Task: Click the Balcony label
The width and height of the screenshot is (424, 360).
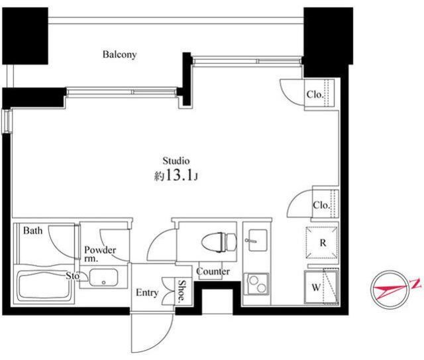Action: [119, 54]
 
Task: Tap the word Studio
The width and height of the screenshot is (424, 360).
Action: [176, 161]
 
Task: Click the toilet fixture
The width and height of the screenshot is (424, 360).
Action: [219, 242]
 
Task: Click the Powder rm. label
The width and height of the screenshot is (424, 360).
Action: [100, 254]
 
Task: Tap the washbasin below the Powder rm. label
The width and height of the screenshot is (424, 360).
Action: [103, 277]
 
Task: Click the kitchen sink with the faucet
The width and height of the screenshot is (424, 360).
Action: [258, 240]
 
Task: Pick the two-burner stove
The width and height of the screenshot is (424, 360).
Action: [256, 284]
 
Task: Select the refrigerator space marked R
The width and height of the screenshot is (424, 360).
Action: [322, 243]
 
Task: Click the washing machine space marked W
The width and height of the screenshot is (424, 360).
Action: [321, 286]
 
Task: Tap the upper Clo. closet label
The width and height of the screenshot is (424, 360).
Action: [315, 94]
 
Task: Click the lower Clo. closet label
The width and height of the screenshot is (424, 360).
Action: [321, 205]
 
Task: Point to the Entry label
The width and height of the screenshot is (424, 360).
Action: [147, 292]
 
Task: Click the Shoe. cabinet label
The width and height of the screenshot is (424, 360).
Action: [182, 290]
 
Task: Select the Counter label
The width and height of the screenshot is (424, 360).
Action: [213, 271]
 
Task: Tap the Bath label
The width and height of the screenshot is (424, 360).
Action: [32, 231]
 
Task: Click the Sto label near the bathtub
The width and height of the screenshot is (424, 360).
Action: [73, 276]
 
